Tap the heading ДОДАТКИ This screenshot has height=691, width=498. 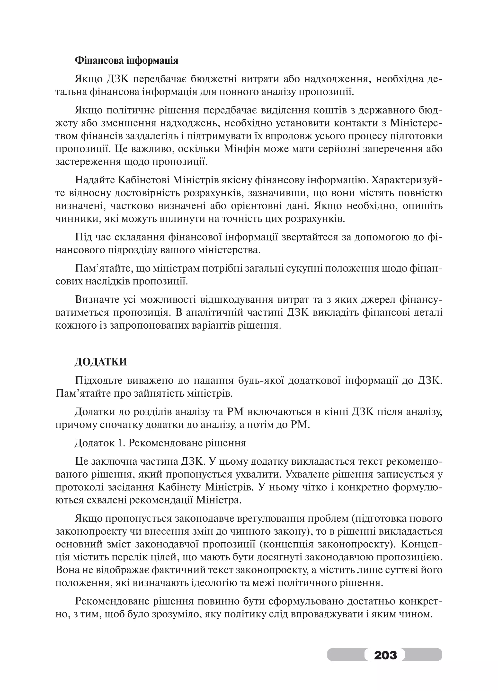pyautogui.click(x=101, y=362)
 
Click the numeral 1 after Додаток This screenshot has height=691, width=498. pyautogui.click(x=120, y=443)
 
